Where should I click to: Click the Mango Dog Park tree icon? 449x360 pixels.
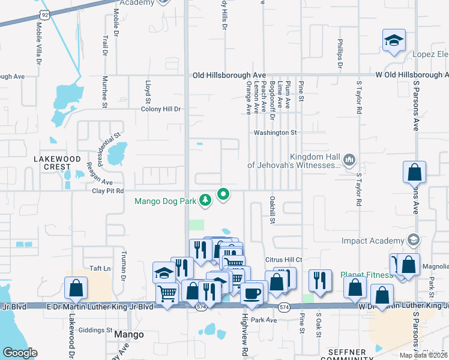(x=205, y=199)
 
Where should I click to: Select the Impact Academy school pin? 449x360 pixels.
(x=413, y=241)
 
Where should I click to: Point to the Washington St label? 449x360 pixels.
(x=276, y=132)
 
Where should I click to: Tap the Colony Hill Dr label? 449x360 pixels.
(x=161, y=109)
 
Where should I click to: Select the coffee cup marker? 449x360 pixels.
(x=252, y=293)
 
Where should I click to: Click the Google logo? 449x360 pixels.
(x=20, y=353)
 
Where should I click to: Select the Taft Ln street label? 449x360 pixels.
(x=100, y=269)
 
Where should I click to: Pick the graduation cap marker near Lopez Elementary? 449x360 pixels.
(x=394, y=41)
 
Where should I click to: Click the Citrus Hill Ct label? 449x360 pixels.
(x=282, y=259)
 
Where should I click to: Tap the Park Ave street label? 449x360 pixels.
(x=264, y=320)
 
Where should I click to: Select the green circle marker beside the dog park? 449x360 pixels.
(x=224, y=194)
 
